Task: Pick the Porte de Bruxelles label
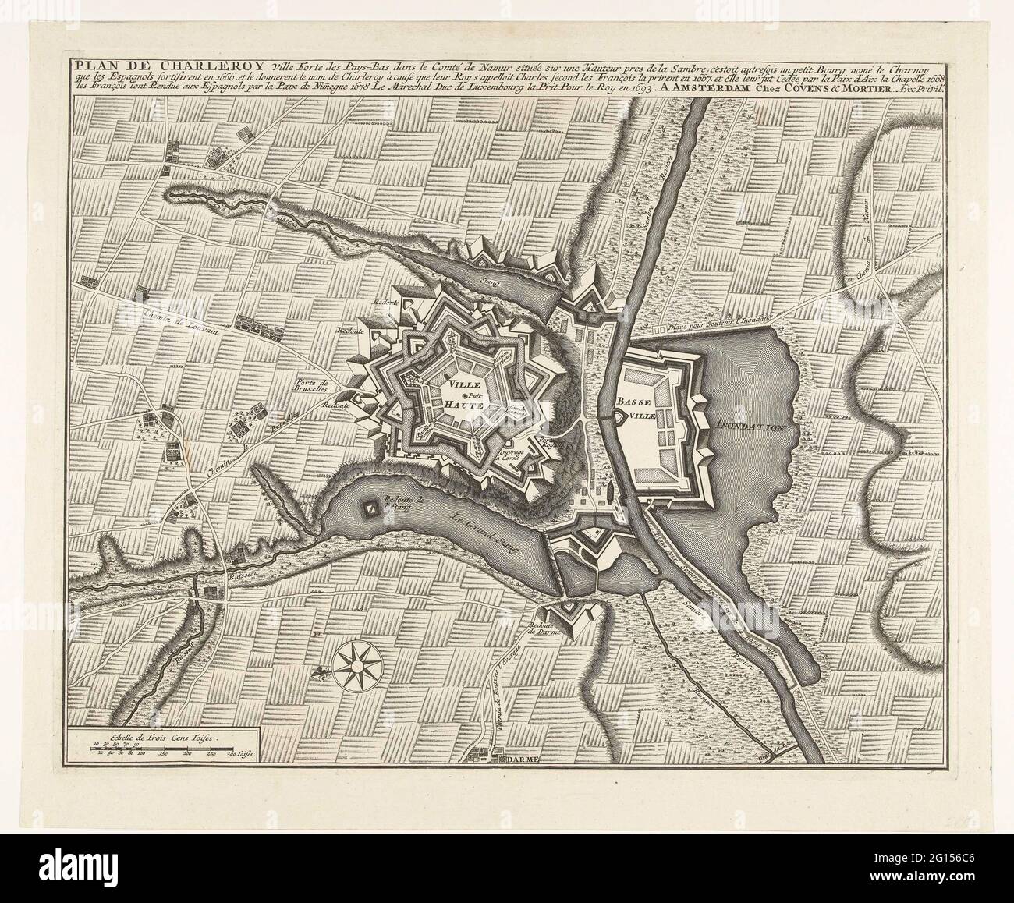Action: tap(314, 386)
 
